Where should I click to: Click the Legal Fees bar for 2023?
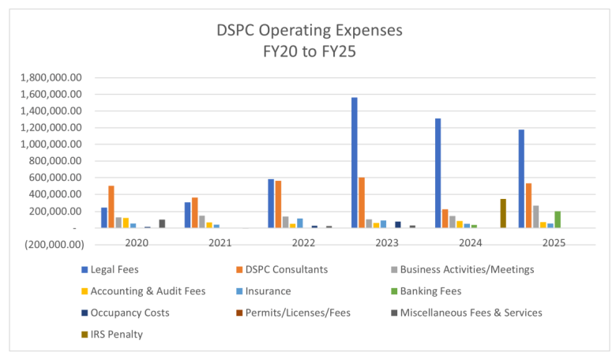(355, 163)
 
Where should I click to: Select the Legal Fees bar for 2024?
(438, 174)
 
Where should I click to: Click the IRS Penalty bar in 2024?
(503, 213)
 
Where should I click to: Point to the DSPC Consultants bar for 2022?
(278, 204)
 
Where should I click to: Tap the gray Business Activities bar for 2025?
(536, 217)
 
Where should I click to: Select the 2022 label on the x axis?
(303, 242)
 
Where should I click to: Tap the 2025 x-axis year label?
(553, 242)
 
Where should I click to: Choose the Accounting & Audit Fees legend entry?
(148, 291)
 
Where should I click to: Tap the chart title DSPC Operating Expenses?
(310, 31)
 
